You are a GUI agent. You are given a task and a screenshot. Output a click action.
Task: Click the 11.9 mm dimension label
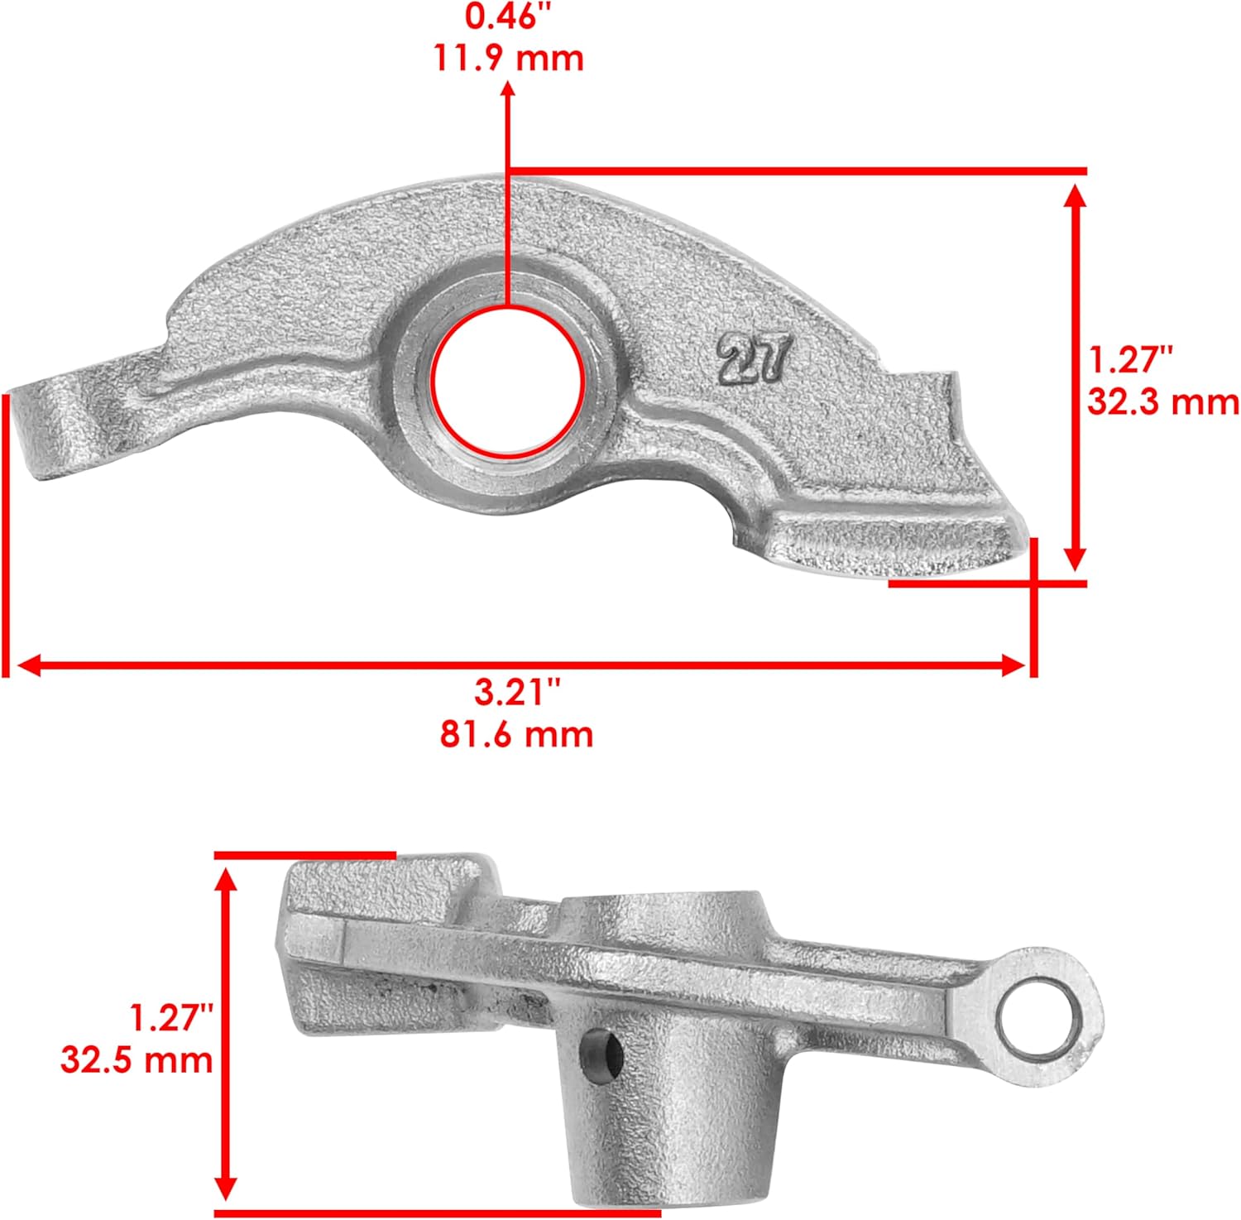click(508, 59)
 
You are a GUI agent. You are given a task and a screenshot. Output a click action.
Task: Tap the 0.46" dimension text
click(501, 17)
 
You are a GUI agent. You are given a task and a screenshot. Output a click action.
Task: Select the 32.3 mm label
click(1162, 402)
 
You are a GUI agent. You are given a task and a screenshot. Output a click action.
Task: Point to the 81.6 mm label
click(516, 735)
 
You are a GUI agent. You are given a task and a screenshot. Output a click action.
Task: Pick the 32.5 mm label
click(137, 1060)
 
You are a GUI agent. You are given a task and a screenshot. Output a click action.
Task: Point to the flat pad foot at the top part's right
click(894, 542)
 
